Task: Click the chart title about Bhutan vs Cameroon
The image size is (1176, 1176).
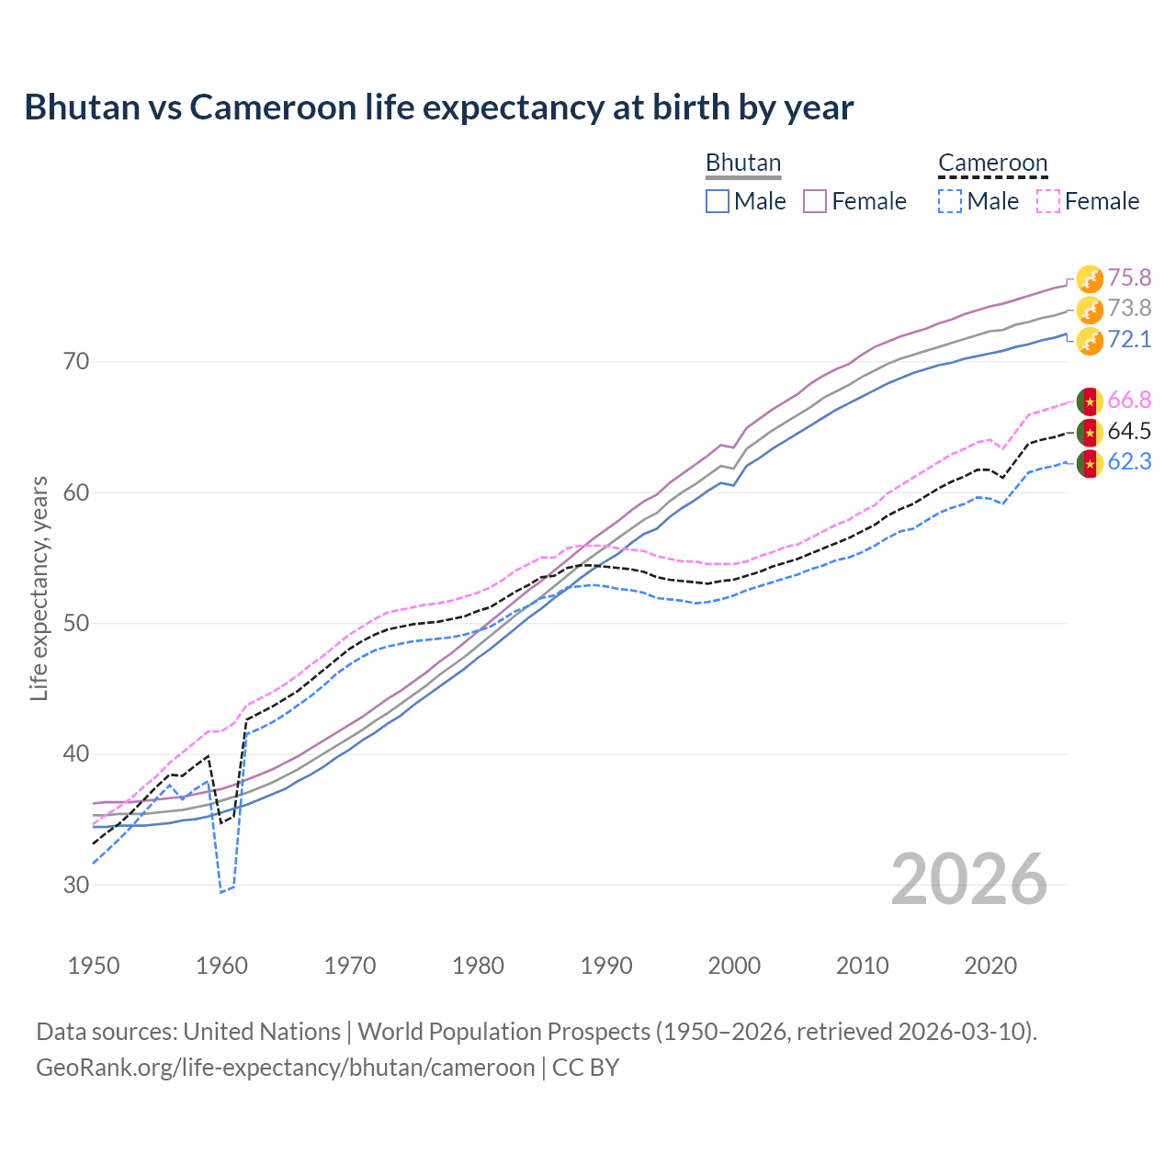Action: click(439, 107)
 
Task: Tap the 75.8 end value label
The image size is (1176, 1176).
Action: click(1129, 277)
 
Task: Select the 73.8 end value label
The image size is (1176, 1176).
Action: click(1129, 308)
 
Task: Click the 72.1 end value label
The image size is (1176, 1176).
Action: click(1129, 339)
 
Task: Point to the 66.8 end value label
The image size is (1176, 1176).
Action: click(1129, 400)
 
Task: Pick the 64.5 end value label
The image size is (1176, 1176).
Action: click(1129, 431)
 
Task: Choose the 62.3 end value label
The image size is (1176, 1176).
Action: click(1129, 461)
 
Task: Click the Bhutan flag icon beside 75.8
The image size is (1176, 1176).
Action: click(1090, 278)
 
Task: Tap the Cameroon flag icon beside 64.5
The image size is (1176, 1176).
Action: click(1090, 432)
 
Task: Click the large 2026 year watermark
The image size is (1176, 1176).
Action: click(969, 879)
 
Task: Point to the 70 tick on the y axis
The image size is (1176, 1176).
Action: click(76, 361)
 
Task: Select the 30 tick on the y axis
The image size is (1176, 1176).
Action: click(76, 885)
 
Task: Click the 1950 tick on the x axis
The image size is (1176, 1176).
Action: click(94, 966)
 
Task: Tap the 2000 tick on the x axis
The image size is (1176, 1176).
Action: click(734, 966)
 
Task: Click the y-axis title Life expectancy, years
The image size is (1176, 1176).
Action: click(39, 588)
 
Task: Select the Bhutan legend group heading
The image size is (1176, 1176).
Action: click(742, 163)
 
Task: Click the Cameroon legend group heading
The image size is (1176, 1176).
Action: click(992, 163)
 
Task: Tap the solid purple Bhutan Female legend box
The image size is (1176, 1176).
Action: click(815, 201)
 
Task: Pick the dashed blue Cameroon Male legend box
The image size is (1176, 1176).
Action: click(950, 201)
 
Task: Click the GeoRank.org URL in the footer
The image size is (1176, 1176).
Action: click(285, 1068)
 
